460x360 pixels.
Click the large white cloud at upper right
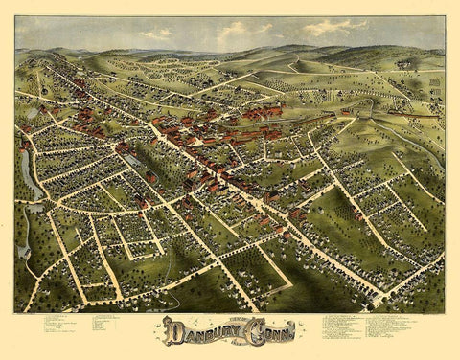coord(334,28)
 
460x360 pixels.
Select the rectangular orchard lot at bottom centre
coord(253,269)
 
